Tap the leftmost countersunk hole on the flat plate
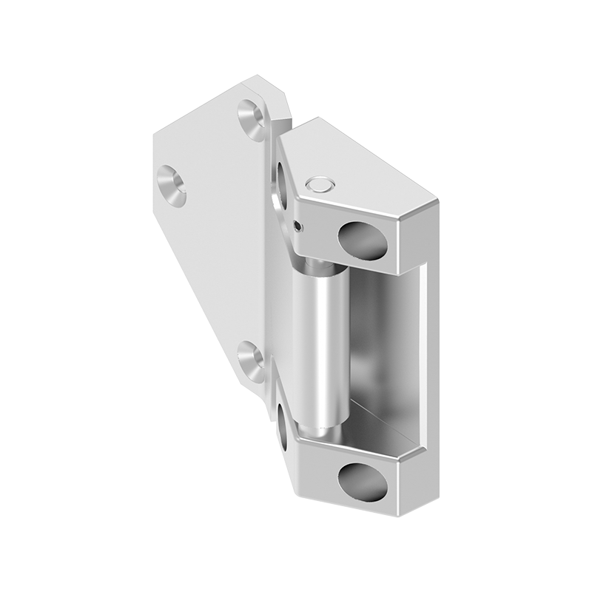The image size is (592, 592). pos(171,184)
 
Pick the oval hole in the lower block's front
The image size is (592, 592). pos(363,482)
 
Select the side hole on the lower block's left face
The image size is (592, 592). pos(283,425)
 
